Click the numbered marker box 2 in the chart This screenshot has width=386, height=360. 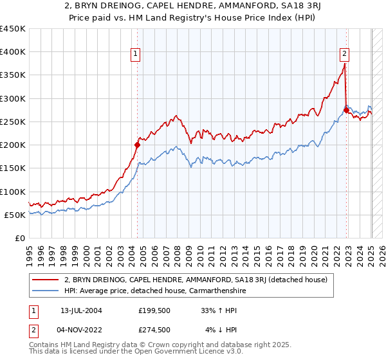click(345, 55)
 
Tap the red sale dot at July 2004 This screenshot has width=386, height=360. click(137, 145)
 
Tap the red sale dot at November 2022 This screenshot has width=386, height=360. click(346, 110)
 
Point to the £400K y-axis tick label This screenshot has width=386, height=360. click(13, 52)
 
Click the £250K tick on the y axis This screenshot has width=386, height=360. click(13, 122)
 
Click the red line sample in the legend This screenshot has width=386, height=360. click(46, 280)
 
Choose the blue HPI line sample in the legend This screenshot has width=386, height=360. click(46, 291)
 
